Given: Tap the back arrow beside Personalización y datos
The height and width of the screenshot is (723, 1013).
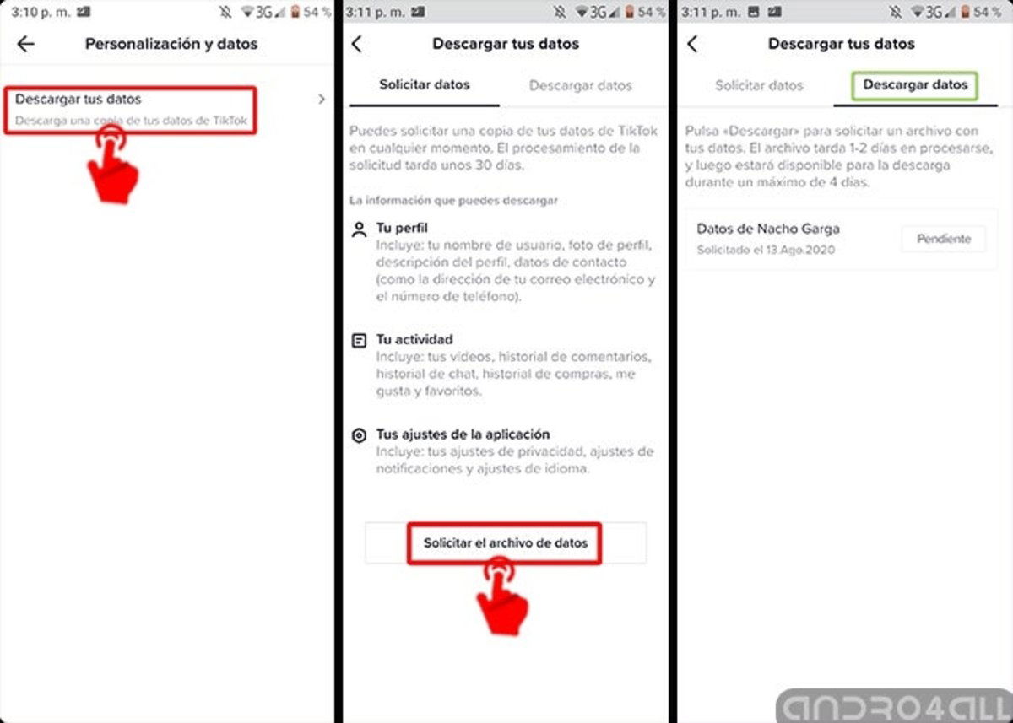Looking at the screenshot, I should (x=26, y=44).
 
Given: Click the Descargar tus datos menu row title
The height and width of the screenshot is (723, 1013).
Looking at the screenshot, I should (x=79, y=100).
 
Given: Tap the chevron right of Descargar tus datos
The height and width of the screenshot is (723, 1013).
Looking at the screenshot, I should (x=322, y=100).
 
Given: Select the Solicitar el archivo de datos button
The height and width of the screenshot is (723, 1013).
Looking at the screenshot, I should (x=505, y=543).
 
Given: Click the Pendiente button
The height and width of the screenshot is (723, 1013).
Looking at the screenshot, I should (x=944, y=239).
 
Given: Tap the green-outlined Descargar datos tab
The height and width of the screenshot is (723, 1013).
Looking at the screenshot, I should (x=915, y=85).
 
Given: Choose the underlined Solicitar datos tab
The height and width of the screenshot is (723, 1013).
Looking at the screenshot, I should (x=425, y=85).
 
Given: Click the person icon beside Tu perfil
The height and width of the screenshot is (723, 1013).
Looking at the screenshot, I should (x=360, y=229).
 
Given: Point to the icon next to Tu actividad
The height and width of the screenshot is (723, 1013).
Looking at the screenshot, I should (x=360, y=341).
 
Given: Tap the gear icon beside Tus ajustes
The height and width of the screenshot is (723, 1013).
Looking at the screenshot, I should (x=360, y=435).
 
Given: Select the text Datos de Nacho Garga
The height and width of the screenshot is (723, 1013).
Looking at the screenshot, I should (x=768, y=229).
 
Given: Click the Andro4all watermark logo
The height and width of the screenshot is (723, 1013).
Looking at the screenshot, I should (x=893, y=704).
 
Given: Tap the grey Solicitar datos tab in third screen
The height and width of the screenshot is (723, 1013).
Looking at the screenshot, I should (x=759, y=85).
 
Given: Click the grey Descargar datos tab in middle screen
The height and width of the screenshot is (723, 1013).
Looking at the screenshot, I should (x=580, y=85).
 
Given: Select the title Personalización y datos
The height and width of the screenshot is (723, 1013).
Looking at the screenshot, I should (x=171, y=44).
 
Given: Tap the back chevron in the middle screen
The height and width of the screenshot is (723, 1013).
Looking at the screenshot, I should (x=356, y=44).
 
